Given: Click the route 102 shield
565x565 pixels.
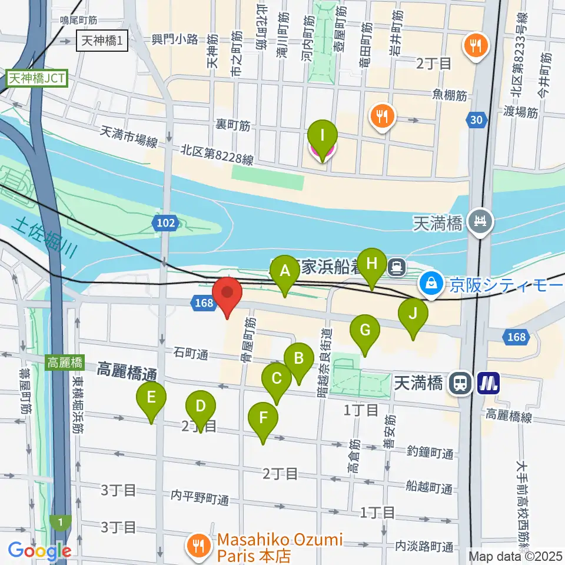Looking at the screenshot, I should point(165,222).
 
